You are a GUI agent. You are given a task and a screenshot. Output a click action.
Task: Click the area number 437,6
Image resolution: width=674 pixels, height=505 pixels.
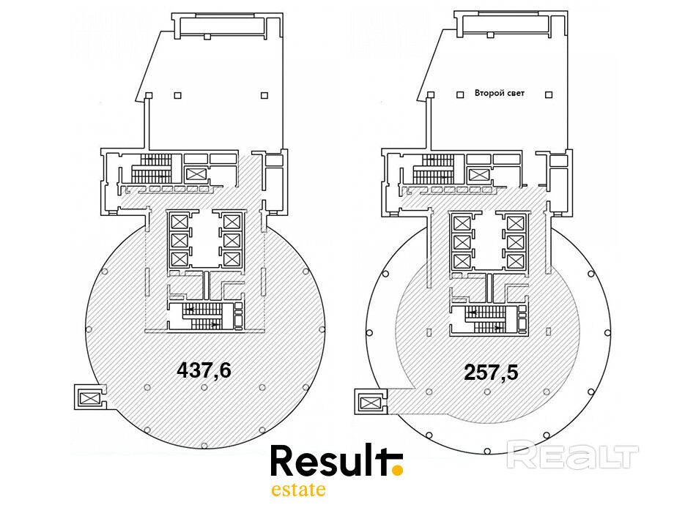click(x=204, y=370)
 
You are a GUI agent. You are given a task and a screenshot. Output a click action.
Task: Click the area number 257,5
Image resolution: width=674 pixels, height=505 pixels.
click(x=491, y=372)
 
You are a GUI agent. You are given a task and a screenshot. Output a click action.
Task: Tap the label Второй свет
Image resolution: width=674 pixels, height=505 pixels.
click(x=500, y=93)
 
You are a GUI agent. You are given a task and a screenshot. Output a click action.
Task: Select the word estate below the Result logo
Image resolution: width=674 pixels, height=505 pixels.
click(x=298, y=490)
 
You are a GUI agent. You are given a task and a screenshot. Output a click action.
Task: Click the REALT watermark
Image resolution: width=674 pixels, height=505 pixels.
click(x=573, y=454)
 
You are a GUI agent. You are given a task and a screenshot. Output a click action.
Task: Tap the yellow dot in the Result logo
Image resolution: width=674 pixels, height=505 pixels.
click(x=398, y=470)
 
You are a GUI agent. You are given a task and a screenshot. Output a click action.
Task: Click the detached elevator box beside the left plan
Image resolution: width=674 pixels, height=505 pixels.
click(x=90, y=397)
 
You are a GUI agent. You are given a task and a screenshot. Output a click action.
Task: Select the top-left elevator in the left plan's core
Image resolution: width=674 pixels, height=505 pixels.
click(x=179, y=222)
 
